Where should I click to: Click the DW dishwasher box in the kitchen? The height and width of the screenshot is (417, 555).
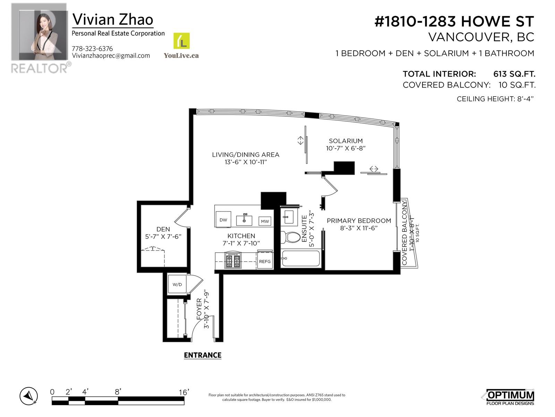[223, 220]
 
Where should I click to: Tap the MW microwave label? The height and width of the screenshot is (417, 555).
[265, 221]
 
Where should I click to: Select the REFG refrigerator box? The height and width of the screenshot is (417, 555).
[265, 261]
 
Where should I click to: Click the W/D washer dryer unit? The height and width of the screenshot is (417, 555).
[177, 284]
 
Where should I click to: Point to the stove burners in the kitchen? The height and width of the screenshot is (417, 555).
[233, 261]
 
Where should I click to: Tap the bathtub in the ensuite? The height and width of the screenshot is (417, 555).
[300, 259]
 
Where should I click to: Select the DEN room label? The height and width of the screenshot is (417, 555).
[163, 229]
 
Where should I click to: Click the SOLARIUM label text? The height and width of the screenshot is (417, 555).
[345, 141]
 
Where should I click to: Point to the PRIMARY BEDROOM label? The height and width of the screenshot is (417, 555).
[359, 221]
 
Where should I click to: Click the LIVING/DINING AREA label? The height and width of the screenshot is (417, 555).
[246, 155]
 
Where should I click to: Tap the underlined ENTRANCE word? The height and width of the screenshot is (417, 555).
[203, 355]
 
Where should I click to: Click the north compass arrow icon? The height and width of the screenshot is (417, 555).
[28, 396]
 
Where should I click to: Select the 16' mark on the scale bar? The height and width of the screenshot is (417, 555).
[184, 392]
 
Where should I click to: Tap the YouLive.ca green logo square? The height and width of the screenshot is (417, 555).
[181, 41]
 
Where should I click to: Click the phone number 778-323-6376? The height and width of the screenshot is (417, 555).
[92, 49]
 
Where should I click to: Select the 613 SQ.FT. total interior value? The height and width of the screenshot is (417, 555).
[514, 74]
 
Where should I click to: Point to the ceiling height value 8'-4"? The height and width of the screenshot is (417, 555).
[524, 99]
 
